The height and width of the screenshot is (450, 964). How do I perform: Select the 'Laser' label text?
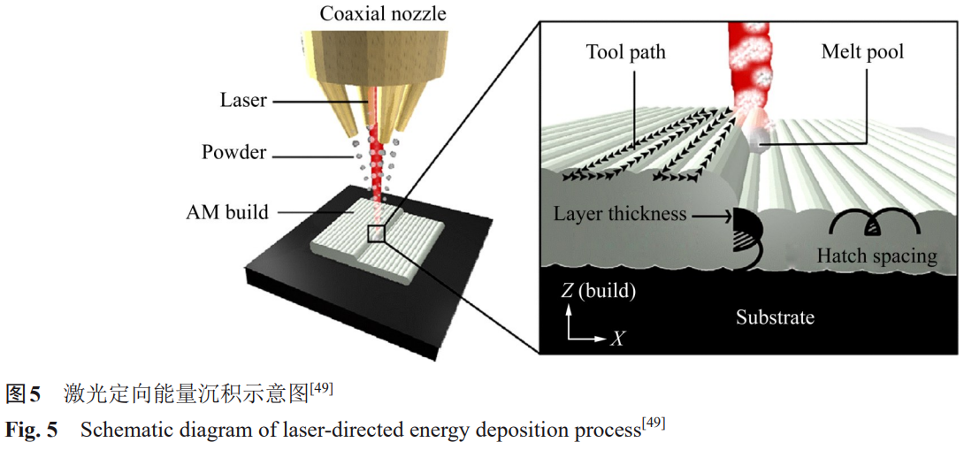(x=243, y=101)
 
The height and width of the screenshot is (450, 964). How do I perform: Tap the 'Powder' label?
(x=233, y=152)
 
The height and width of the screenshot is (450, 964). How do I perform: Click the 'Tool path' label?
(x=625, y=52)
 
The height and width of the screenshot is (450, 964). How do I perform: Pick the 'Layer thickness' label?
(x=623, y=214)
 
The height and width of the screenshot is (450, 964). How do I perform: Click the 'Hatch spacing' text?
(x=876, y=256)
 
